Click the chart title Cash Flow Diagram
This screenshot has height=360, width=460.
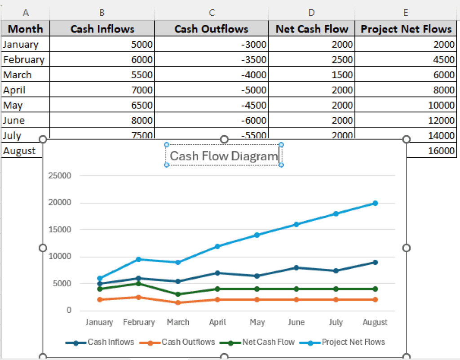point(224,156)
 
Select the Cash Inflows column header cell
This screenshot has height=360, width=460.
point(102,29)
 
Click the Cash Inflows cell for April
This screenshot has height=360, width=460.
point(102,90)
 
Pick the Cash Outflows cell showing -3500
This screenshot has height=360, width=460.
point(211,60)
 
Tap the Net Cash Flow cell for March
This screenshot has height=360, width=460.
point(312,75)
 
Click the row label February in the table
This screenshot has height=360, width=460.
point(24,60)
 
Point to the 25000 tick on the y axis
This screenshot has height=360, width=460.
point(60,176)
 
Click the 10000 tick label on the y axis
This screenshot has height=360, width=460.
point(60,257)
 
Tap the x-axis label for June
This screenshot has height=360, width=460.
point(296,322)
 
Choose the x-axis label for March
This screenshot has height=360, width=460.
point(178,322)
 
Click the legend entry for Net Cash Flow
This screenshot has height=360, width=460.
point(268,342)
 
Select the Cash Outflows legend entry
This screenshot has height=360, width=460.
point(188,342)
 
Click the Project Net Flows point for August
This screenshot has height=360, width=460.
point(375,203)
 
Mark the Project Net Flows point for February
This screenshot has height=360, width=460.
point(139,259)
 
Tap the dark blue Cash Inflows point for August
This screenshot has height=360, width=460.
point(375,262)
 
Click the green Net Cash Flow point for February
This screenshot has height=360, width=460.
point(139,284)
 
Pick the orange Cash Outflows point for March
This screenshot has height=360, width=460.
point(178,302)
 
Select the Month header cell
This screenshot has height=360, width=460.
point(26,29)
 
